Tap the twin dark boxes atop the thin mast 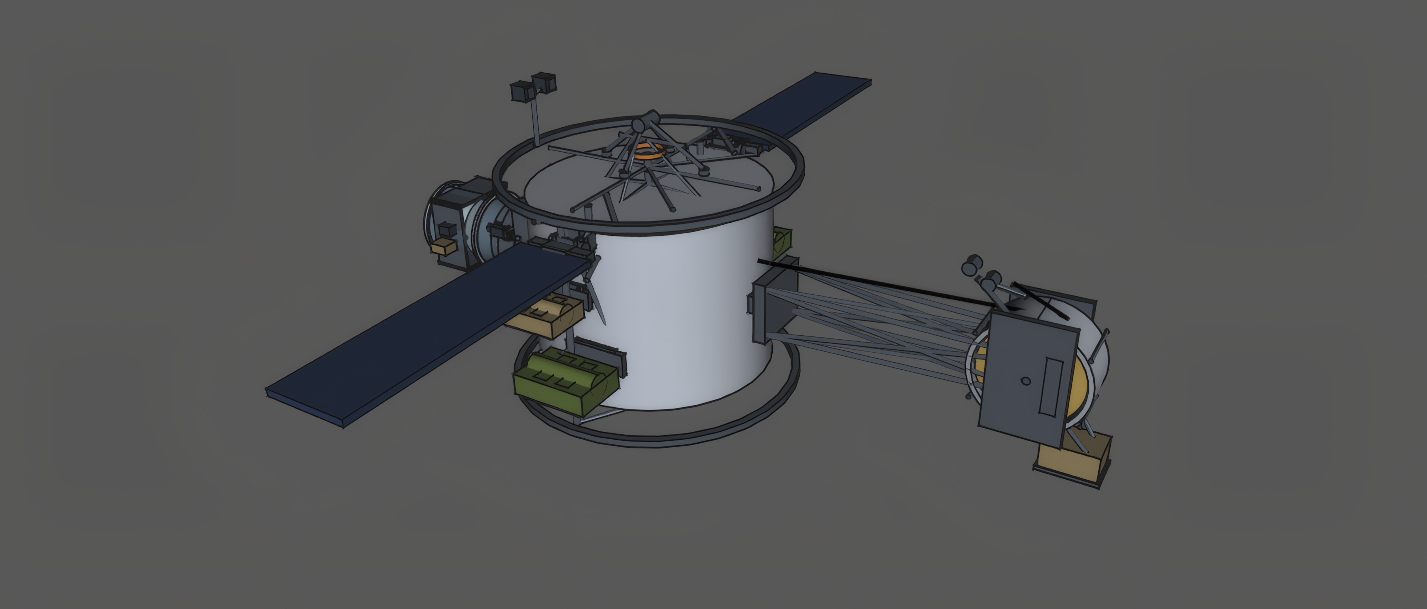coord(533,88)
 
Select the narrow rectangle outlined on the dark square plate coord(1051,386)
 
